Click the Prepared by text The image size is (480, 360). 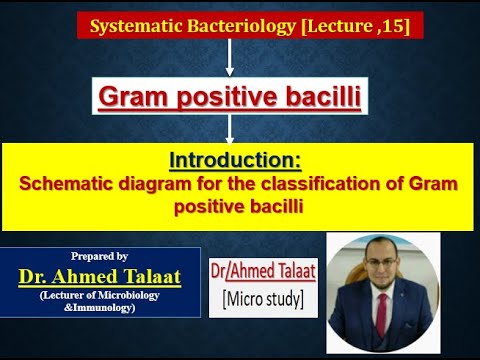click(x=99, y=256)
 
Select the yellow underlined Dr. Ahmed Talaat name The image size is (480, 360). click(x=99, y=274)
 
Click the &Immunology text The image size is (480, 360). click(x=99, y=306)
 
